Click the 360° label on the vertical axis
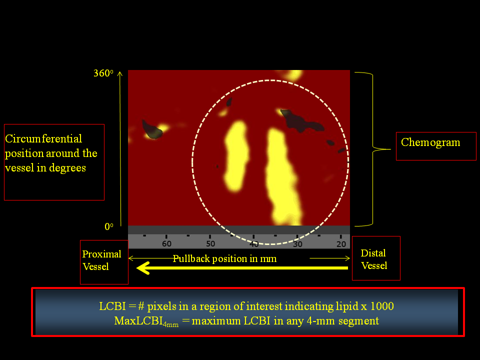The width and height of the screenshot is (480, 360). click(x=103, y=73)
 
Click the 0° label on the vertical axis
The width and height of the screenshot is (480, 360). click(x=108, y=226)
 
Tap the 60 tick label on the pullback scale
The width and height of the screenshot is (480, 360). click(x=166, y=244)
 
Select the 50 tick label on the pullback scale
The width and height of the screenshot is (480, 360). click(x=210, y=244)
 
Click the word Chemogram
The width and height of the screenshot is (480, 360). click(x=430, y=142)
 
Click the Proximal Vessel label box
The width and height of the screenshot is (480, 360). click(x=104, y=262)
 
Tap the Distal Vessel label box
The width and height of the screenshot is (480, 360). click(x=376, y=258)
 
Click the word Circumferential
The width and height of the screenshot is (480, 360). click(x=43, y=138)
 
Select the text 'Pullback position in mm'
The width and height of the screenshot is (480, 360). click(x=224, y=258)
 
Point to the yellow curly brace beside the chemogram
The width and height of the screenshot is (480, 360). click(x=372, y=149)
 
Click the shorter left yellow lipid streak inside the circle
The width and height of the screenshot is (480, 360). click(x=236, y=156)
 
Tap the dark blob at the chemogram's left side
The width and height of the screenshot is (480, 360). click(x=152, y=130)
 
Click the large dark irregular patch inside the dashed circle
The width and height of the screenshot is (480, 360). click(x=301, y=121)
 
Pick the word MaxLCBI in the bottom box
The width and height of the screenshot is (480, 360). click(x=138, y=321)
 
